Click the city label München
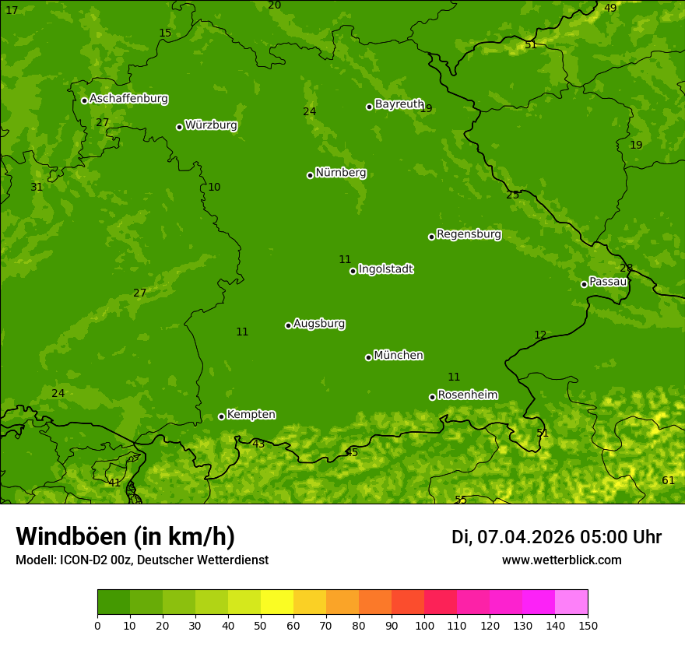click(398, 356)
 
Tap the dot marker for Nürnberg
click(310, 175)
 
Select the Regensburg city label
click(469, 234)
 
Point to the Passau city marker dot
click(584, 284)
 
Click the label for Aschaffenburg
click(128, 99)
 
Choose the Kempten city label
click(251, 415)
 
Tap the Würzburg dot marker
click(179, 127)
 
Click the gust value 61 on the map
click(668, 480)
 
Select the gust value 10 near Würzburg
click(214, 188)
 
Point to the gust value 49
click(610, 8)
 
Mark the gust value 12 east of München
click(540, 335)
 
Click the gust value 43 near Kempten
click(258, 444)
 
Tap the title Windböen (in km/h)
click(125, 536)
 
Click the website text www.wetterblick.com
click(561, 560)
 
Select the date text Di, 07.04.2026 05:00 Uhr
click(556, 537)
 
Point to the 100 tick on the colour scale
click(424, 625)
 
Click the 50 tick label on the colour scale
click(261, 625)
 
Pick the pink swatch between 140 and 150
click(571, 602)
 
